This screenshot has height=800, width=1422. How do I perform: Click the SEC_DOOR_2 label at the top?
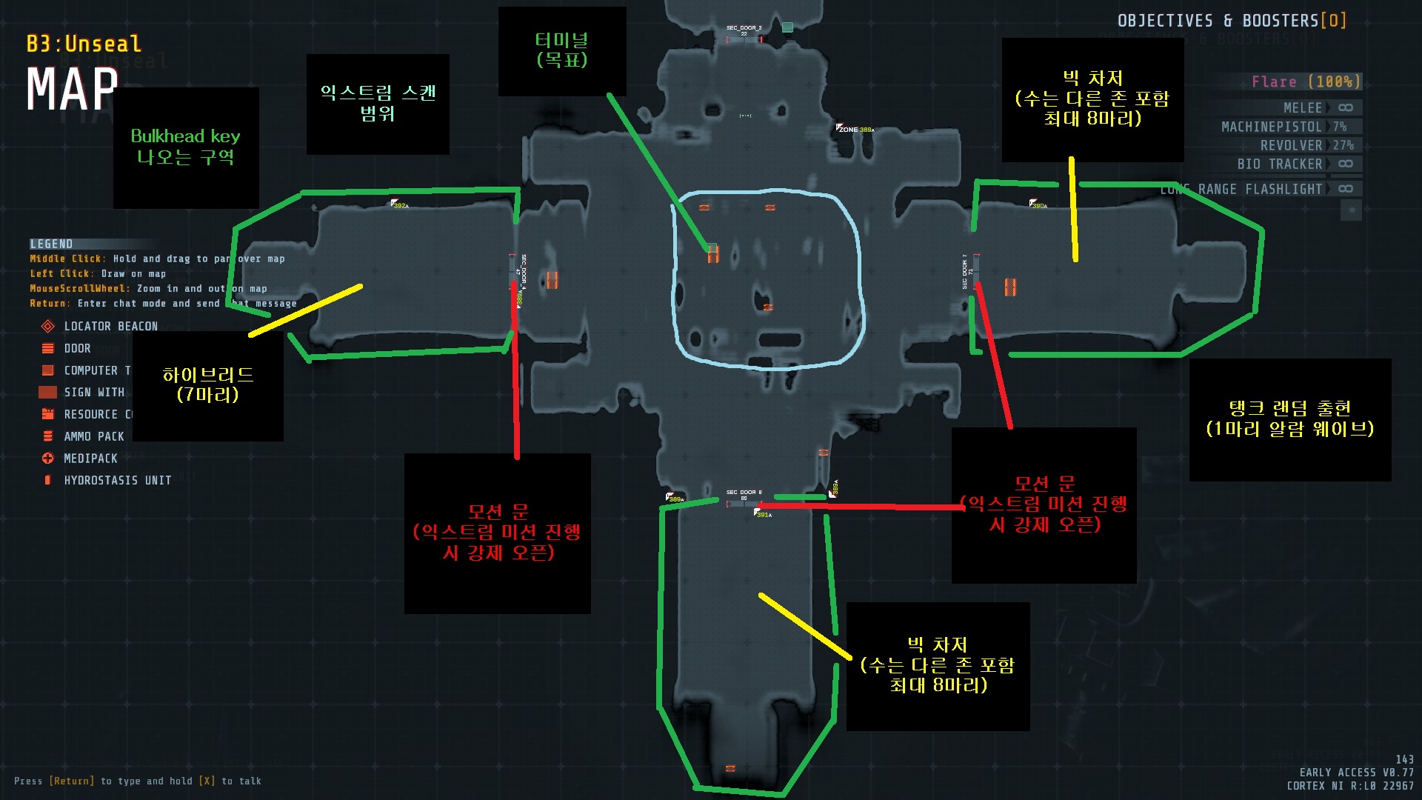point(744,28)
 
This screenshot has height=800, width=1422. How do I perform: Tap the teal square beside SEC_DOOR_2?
point(787,27)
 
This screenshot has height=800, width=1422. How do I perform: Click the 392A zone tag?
point(400,204)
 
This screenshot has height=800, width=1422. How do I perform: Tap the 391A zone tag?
point(763,514)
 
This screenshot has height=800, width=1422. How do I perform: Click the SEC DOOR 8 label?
point(744,492)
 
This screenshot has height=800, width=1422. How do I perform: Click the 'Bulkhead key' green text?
point(185,136)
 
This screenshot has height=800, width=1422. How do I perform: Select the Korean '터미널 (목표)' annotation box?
point(562,50)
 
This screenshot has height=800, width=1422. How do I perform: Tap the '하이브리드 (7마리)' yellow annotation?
point(208,384)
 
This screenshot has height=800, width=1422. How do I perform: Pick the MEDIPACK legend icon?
point(48,459)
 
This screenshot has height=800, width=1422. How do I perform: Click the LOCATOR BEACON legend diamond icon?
point(48,327)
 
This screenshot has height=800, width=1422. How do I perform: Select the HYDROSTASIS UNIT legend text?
point(118,481)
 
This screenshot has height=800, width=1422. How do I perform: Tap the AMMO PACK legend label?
point(94,437)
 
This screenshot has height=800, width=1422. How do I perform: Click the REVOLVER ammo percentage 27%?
point(1343,146)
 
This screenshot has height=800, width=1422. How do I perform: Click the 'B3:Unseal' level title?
point(84,44)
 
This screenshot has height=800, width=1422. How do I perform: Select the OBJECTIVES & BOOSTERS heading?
point(1231,21)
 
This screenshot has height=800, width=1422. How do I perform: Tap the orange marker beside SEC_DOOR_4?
point(552,280)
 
